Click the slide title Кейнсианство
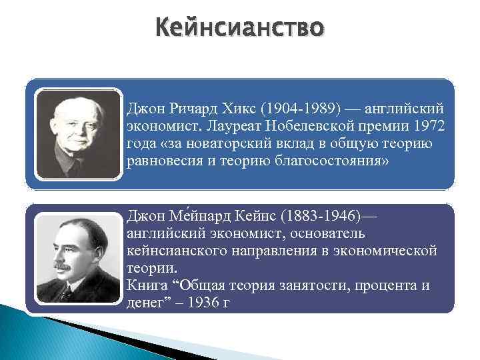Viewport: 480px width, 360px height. coord(239,28)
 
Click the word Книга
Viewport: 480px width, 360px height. coord(146,285)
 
